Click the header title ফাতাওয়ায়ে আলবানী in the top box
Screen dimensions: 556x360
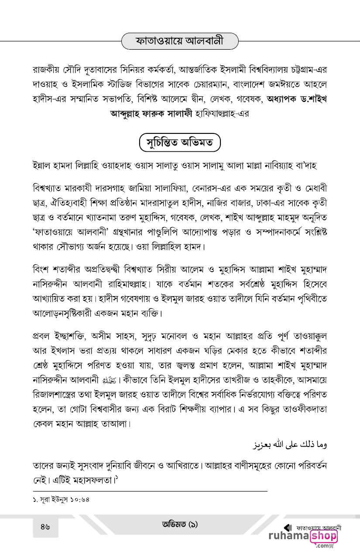180,41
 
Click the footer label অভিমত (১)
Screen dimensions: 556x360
179,525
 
